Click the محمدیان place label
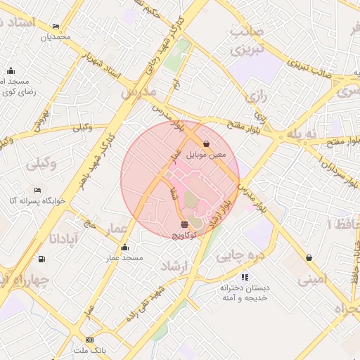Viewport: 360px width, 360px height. [56, 36]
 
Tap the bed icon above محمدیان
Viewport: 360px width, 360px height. [56, 27]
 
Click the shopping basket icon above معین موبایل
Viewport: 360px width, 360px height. [205, 143]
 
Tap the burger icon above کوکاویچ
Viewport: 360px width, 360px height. [184, 224]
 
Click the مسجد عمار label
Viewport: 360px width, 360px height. [125, 257]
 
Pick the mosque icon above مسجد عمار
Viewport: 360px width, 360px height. [125, 247]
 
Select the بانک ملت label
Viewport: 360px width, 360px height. [90, 349]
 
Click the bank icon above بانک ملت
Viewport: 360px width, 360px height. [90, 340]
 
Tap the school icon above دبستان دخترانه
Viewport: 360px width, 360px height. [244, 278]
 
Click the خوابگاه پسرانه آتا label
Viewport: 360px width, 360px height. [37, 200]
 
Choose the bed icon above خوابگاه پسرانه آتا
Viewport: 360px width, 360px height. [37, 191]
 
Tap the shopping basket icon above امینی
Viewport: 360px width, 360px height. [309, 258]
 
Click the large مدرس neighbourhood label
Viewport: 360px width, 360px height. [137, 92]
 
